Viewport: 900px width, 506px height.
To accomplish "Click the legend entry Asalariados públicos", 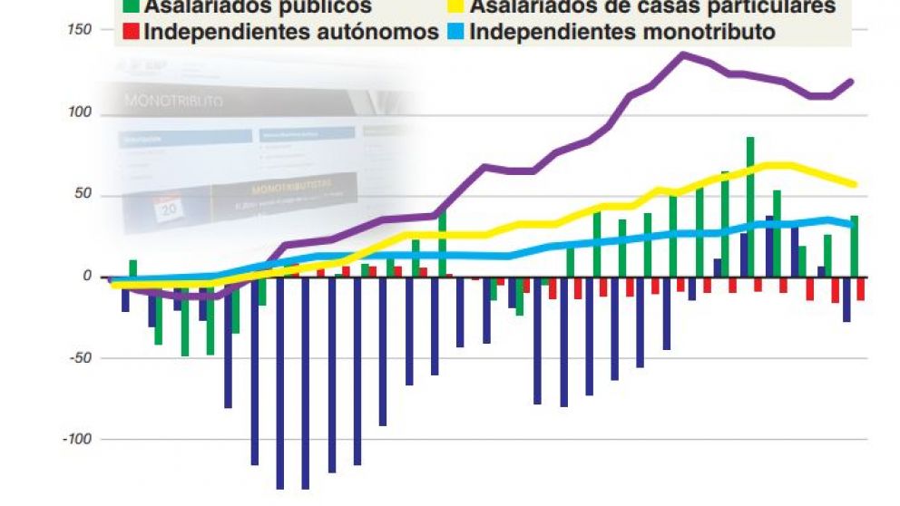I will (x=258, y=7).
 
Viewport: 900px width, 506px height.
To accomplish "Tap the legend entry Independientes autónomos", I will (x=290, y=33).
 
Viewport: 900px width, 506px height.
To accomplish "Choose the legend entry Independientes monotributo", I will (x=624, y=33).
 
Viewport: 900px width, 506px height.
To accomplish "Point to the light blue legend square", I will (x=461, y=34).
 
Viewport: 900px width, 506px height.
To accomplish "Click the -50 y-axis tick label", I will (x=81, y=357).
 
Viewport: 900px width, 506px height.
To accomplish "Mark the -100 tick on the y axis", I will (x=78, y=439).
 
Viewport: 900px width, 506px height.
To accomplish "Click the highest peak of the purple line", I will (x=683, y=54).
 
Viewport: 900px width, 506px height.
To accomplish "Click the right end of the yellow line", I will (x=855, y=184).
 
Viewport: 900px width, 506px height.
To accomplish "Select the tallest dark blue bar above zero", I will (x=769, y=246).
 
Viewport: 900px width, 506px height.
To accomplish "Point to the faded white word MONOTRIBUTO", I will (x=172, y=101).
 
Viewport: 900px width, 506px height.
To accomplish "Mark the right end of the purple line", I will (x=851, y=82).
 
